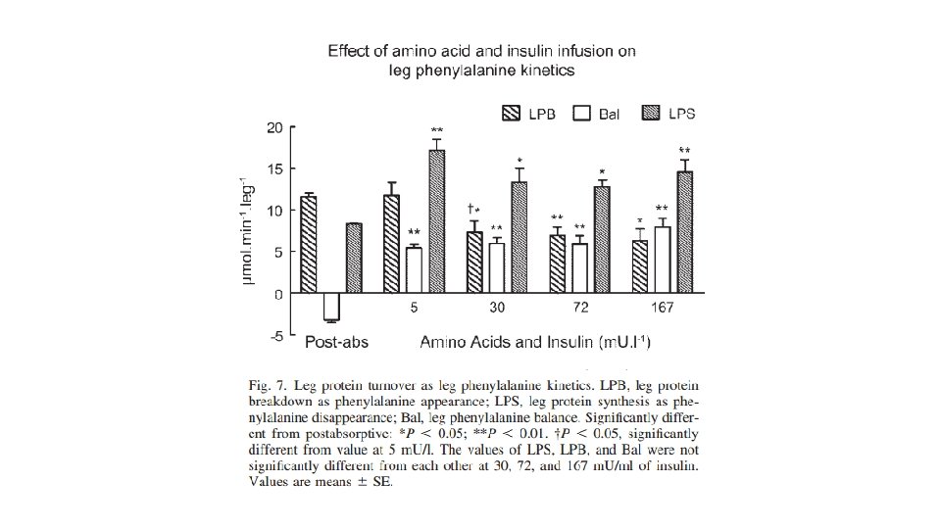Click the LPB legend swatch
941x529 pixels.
click(x=511, y=113)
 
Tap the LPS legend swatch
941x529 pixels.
click(x=650, y=113)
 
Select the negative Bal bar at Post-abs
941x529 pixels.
click(x=331, y=307)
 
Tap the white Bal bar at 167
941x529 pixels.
click(x=662, y=261)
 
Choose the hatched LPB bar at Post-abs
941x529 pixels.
click(x=309, y=245)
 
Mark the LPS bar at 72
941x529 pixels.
click(x=602, y=240)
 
